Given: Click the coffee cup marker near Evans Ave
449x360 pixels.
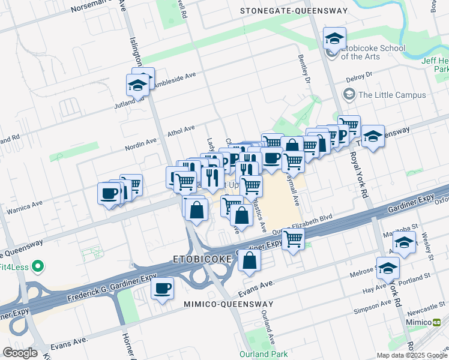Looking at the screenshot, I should [162, 289].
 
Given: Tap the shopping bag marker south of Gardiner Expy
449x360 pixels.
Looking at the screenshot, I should [249, 261].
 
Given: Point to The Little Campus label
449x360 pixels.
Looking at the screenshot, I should [391, 95].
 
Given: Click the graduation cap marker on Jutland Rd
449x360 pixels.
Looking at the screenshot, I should [138, 85].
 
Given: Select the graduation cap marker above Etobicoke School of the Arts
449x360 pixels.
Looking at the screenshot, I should [334, 40].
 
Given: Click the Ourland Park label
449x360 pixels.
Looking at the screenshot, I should [264, 354].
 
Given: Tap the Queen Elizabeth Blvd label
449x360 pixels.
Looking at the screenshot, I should [303, 225].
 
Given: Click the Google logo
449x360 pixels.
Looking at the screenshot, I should [20, 353].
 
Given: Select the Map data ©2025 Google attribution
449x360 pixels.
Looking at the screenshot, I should [411, 355].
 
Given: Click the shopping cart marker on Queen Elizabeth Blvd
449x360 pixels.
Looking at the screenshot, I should [293, 239].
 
